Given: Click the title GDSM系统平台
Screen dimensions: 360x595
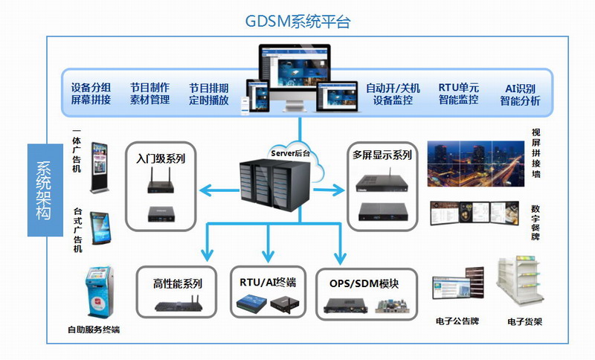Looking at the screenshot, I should tap(297, 21).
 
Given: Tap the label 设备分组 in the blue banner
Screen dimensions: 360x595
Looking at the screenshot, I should tap(91, 87).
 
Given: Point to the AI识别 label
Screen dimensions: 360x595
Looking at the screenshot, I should tap(520, 87).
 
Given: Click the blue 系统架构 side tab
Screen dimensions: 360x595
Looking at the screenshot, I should tap(42, 189).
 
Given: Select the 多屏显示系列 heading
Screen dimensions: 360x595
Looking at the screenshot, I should tap(380, 155).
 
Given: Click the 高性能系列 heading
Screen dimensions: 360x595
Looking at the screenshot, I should tap(178, 283).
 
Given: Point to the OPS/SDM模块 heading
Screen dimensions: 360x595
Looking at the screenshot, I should tap(364, 283).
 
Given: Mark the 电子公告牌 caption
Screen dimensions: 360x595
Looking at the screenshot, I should tap(457, 322).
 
